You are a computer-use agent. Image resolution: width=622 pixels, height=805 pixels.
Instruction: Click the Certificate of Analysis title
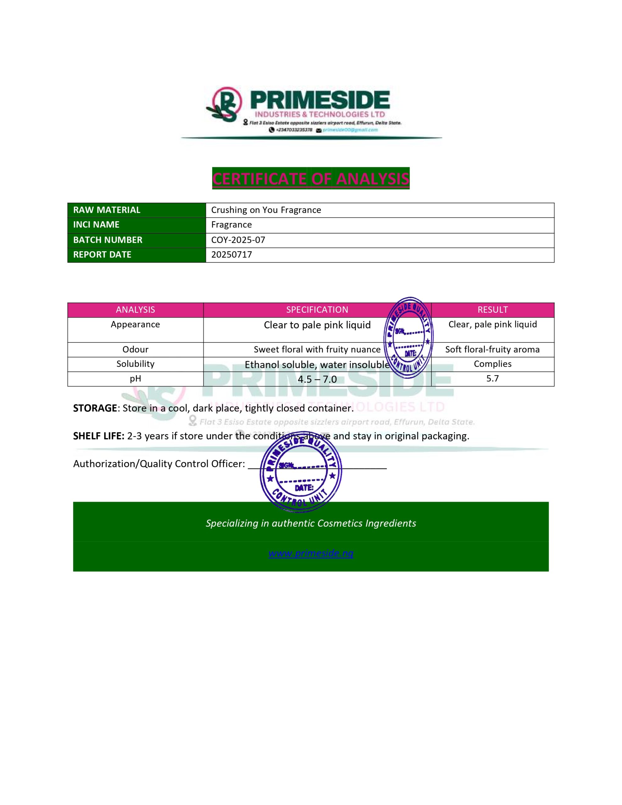click(x=310, y=178)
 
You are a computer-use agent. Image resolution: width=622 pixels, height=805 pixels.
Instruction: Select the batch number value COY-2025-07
click(x=238, y=240)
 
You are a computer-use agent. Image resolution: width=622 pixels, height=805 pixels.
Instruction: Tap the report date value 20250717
click(x=231, y=255)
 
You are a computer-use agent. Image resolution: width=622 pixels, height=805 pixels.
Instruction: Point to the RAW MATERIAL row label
click(x=107, y=210)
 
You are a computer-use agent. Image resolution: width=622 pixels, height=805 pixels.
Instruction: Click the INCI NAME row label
click(x=96, y=225)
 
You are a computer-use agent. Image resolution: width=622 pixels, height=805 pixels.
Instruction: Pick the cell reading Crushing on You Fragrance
click(x=266, y=210)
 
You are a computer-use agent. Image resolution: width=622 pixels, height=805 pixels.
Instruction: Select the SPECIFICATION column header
click(x=317, y=310)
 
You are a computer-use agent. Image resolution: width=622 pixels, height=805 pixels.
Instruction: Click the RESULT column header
click(x=492, y=310)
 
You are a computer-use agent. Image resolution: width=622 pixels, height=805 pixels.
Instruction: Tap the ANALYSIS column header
click(x=135, y=310)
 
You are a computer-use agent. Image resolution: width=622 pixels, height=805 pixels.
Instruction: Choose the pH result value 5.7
click(x=492, y=379)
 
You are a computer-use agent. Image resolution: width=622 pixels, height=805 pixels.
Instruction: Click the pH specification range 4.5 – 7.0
click(x=317, y=379)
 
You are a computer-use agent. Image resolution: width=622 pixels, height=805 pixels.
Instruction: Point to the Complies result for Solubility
click(x=492, y=364)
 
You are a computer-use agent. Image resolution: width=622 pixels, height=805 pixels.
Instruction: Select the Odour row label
click(x=135, y=349)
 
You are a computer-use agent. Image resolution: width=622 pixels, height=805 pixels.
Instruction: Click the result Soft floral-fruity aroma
click(x=492, y=349)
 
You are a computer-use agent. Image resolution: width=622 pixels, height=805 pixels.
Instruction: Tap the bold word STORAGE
click(x=95, y=408)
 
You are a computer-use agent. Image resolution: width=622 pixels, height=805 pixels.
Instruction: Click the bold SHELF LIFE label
click(x=98, y=436)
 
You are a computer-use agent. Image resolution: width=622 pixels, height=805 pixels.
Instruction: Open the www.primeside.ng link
click(x=310, y=553)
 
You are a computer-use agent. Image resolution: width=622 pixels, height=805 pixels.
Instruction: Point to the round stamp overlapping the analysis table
click(x=408, y=337)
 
